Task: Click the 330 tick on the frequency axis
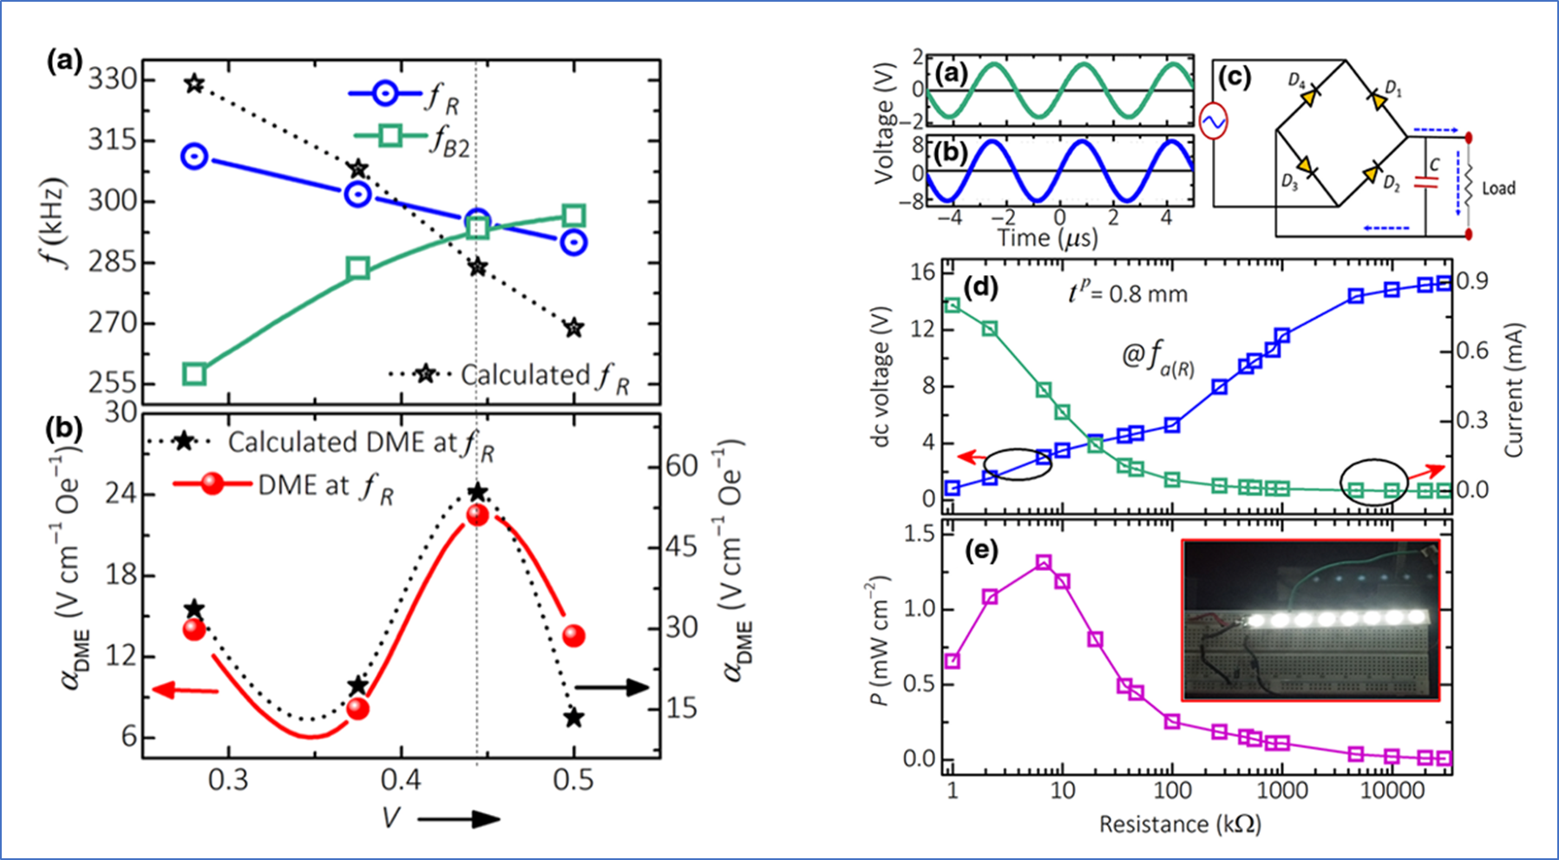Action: [x=112, y=81]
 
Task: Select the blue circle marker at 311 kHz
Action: [x=194, y=157]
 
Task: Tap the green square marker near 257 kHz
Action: [x=194, y=375]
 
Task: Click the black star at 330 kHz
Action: [x=194, y=84]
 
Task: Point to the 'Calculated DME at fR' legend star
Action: [x=183, y=442]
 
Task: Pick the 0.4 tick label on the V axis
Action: [x=400, y=780]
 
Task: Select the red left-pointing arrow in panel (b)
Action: [x=185, y=690]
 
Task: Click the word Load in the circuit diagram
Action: [x=1498, y=188]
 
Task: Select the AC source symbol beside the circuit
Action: [x=1213, y=122]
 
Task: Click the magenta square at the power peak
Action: [x=1044, y=563]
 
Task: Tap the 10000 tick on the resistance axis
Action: [x=1391, y=791]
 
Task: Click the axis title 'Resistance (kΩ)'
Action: [x=1180, y=824]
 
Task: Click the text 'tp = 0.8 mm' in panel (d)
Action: [x=1127, y=293]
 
